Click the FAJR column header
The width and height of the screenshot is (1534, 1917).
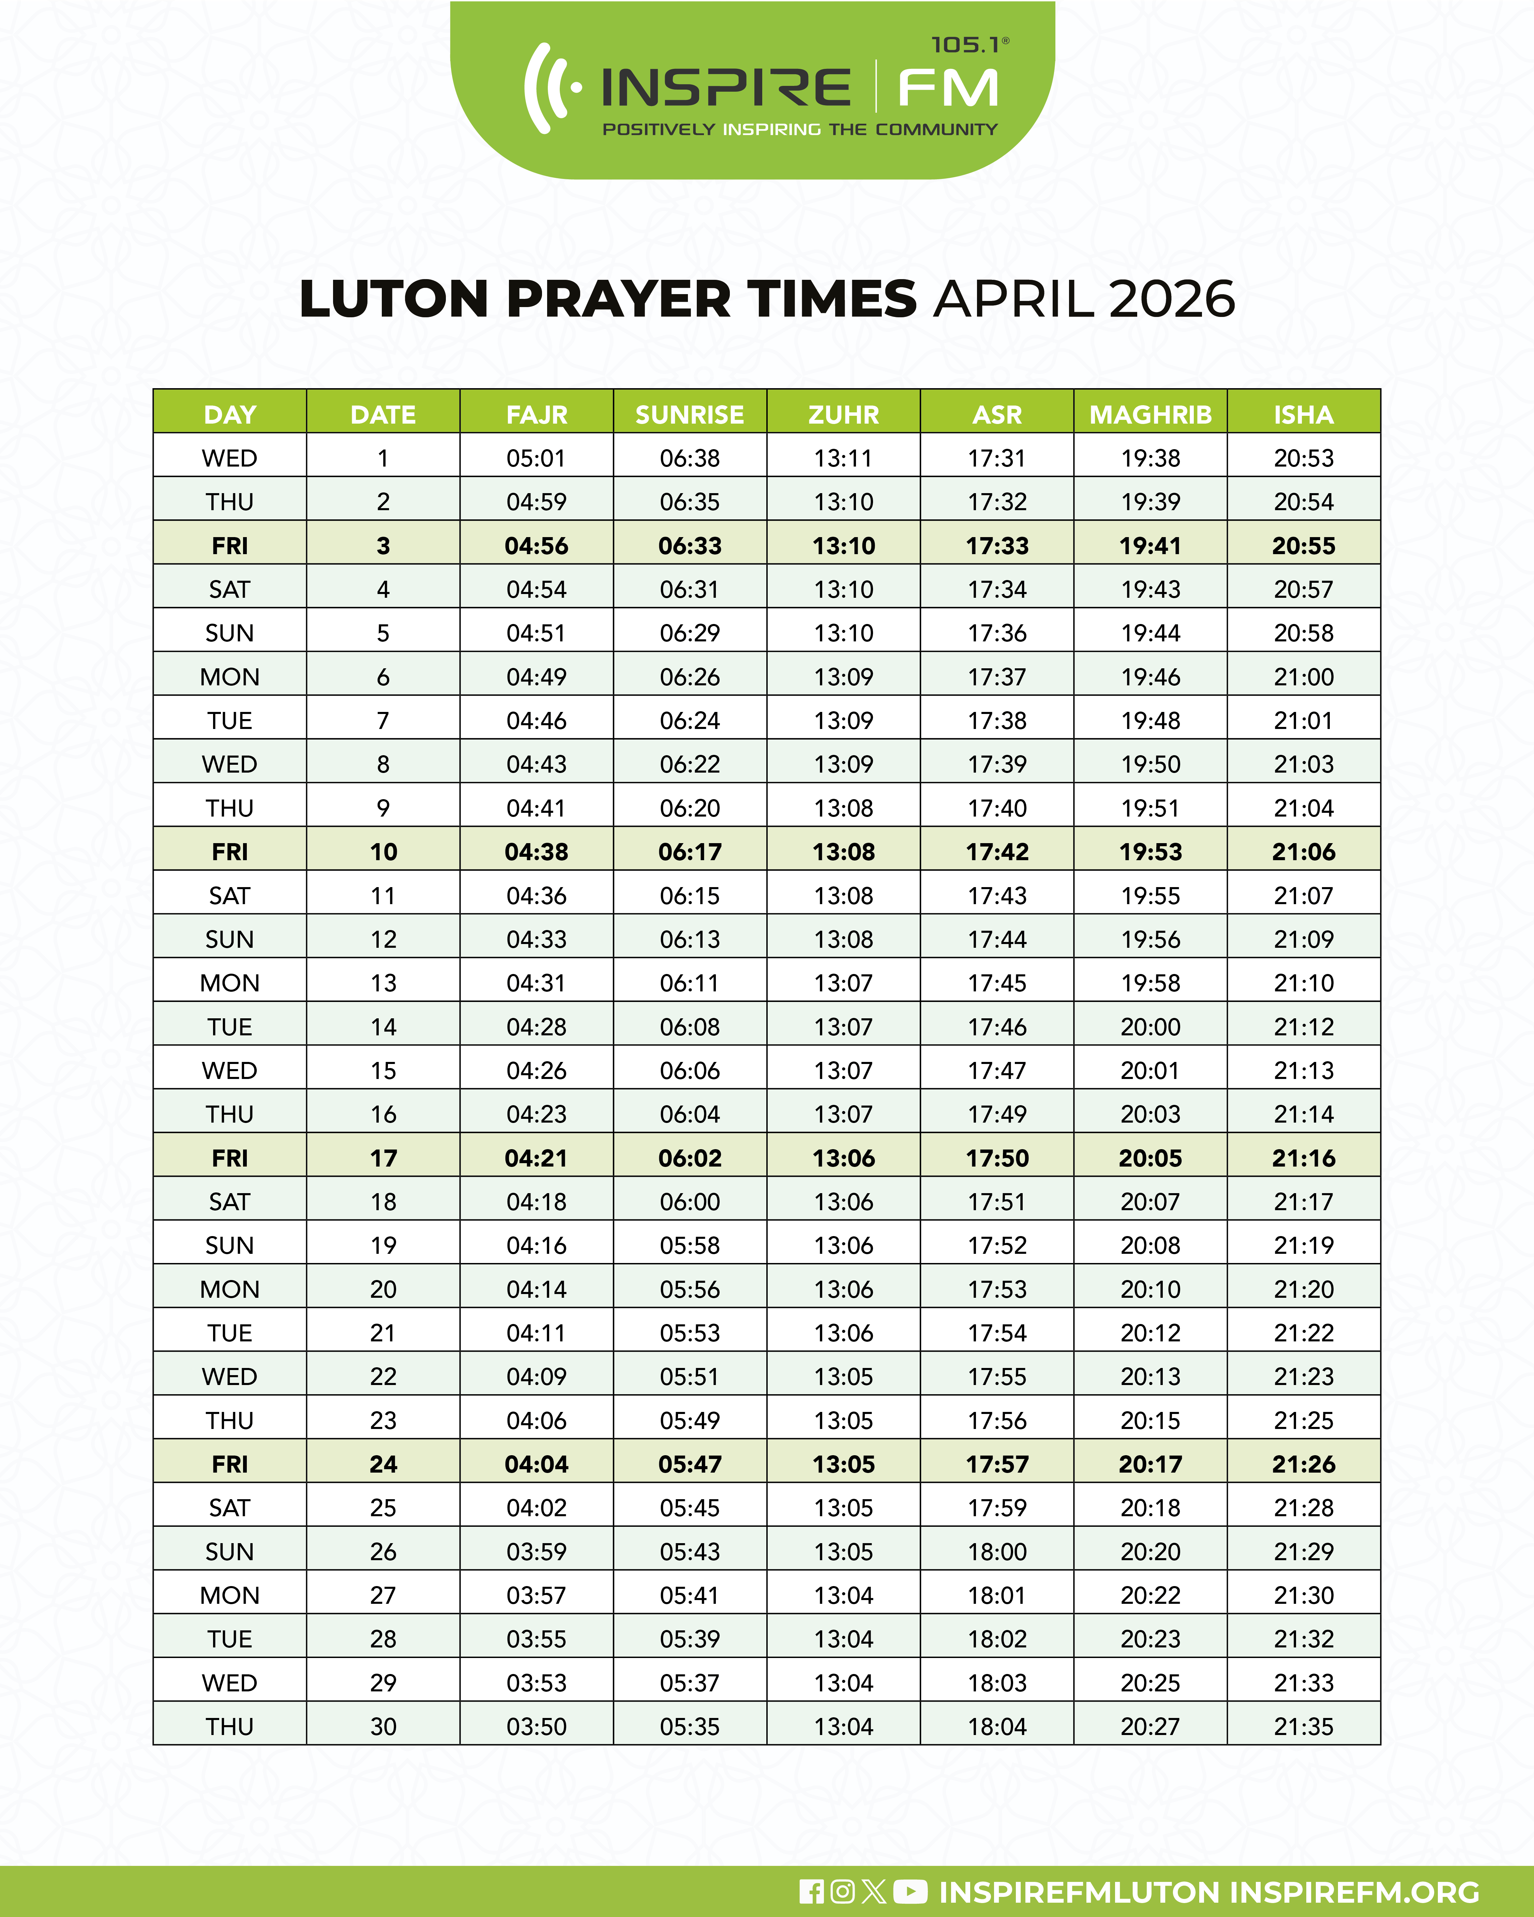(536, 414)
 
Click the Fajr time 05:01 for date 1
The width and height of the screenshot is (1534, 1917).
(536, 458)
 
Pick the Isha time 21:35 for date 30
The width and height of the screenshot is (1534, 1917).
(1304, 1727)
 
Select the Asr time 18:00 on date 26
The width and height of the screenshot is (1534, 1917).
(997, 1552)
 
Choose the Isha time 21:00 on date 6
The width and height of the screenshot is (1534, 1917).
(1304, 676)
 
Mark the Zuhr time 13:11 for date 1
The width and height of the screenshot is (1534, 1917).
(843, 458)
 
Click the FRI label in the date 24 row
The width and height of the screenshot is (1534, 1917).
(229, 1464)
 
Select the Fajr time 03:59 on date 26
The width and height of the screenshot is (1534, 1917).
(536, 1552)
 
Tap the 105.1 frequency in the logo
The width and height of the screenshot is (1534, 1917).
(966, 45)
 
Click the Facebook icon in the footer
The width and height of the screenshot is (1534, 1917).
(811, 1891)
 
